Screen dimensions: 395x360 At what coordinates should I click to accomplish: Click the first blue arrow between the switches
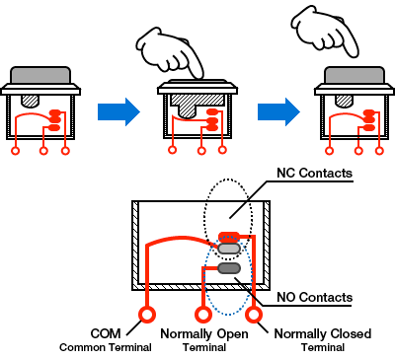pyautogui.click(x=118, y=111)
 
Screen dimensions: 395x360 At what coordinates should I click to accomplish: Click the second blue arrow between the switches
pyautogui.click(x=278, y=111)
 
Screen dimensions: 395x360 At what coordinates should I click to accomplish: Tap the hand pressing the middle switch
pyautogui.click(x=170, y=53)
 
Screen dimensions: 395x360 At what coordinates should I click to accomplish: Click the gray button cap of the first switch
pyautogui.click(x=40, y=75)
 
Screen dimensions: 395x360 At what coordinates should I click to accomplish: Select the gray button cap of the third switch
pyautogui.click(x=355, y=75)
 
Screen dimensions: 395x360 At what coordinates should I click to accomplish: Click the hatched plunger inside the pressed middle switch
pyautogui.click(x=197, y=106)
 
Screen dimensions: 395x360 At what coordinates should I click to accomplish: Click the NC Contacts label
pyautogui.click(x=314, y=173)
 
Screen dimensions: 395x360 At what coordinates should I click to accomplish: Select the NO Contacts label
pyautogui.click(x=314, y=297)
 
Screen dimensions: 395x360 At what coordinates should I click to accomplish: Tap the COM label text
pyautogui.click(x=106, y=333)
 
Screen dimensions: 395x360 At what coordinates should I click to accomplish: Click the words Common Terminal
pyautogui.click(x=106, y=347)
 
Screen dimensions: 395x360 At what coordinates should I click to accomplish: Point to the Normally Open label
pyautogui.click(x=204, y=334)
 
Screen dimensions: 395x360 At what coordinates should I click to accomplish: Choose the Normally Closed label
pyautogui.click(x=323, y=334)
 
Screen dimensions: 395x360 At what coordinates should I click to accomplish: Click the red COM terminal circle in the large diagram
pyautogui.click(x=147, y=315)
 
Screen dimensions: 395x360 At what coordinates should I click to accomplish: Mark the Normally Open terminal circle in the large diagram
pyautogui.click(x=203, y=315)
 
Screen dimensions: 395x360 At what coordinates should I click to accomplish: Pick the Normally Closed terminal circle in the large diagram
pyautogui.click(x=254, y=315)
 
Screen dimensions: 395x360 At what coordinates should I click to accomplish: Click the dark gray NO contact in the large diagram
pyautogui.click(x=229, y=268)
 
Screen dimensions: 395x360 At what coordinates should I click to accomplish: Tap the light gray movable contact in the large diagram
pyautogui.click(x=229, y=249)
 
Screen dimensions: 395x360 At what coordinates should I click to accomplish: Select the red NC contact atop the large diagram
pyautogui.click(x=229, y=236)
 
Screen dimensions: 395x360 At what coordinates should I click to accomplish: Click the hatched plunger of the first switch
pyautogui.click(x=30, y=101)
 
